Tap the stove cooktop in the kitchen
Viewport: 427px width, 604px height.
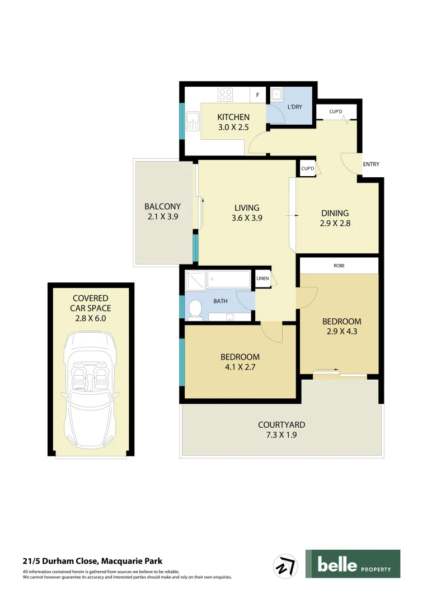pos(226,95)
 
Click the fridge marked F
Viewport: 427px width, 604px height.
pos(257,95)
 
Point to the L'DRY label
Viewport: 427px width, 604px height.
pos(294,107)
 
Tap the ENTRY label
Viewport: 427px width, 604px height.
pos(371,164)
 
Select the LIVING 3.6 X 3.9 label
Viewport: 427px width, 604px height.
pos(247,213)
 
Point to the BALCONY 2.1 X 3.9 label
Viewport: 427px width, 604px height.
pos(162,211)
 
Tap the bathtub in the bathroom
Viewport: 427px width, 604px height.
pos(229,279)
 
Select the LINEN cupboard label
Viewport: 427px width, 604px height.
pos(262,279)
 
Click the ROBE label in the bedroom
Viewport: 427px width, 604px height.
pos(339,266)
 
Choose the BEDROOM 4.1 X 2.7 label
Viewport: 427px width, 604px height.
pos(240,362)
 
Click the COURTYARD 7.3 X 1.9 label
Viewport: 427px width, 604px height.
pos(281,430)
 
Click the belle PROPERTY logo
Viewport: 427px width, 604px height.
pos(353,564)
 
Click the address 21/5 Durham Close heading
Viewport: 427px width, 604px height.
pos(93,561)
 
